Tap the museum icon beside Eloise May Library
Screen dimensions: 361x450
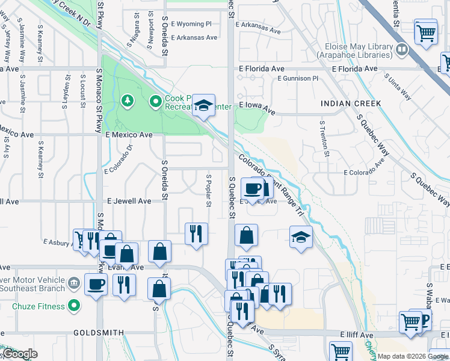click(x=401, y=48)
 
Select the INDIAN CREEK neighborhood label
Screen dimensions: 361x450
click(x=351, y=103)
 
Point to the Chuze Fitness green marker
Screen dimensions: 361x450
click(x=74, y=306)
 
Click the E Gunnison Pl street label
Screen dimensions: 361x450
click(x=297, y=79)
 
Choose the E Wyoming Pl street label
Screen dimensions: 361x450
click(x=191, y=25)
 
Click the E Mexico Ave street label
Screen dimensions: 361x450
click(x=129, y=135)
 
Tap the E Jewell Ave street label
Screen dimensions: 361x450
click(x=129, y=201)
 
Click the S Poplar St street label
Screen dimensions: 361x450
click(x=209, y=191)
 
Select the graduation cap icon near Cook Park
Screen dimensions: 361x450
click(x=204, y=106)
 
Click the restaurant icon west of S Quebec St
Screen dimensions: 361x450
click(x=196, y=233)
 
